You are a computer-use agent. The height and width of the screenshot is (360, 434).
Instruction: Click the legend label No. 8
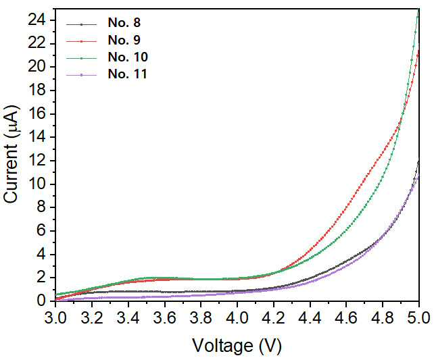124,23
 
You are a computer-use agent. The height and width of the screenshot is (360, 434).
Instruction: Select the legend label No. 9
124,40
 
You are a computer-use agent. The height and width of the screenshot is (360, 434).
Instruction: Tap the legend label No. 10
128,57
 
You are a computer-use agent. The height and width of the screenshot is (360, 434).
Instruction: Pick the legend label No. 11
128,74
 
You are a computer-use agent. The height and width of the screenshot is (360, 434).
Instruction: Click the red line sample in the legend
81,41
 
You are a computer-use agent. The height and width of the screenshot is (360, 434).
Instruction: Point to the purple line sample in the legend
81,75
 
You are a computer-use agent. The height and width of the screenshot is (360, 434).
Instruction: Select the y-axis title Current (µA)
11,155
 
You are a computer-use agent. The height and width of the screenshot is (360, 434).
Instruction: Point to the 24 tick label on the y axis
37,21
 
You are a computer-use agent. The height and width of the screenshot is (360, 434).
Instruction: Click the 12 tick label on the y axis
37,161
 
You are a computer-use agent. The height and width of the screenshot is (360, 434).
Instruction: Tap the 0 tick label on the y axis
41,301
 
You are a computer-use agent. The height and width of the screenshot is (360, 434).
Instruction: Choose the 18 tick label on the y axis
37,91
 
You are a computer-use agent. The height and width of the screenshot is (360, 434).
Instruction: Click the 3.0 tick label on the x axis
55,318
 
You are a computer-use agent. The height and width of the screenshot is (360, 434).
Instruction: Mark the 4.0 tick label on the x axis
237,318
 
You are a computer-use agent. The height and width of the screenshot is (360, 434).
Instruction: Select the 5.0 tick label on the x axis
419,318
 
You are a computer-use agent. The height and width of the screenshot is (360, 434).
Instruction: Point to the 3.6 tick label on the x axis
165,318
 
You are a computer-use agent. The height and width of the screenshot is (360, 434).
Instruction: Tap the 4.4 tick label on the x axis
310,318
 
